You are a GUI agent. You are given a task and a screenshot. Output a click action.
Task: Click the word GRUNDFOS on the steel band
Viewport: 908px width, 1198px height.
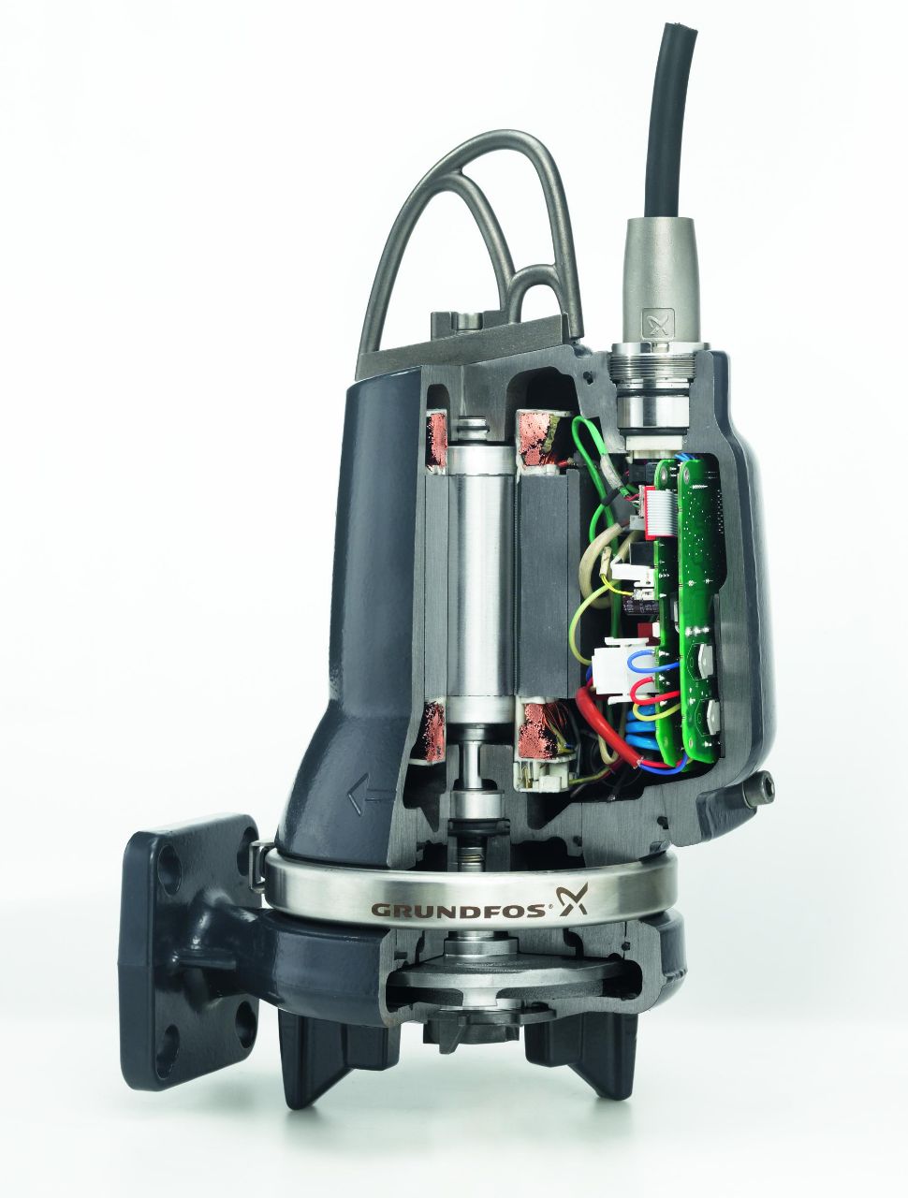click(458, 909)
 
